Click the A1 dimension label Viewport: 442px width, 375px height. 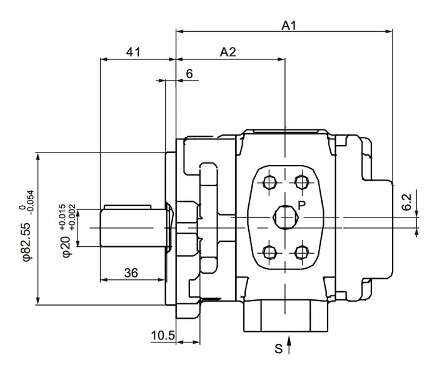tap(288, 26)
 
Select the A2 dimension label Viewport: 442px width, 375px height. tap(228, 52)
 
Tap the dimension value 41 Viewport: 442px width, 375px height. tap(133, 52)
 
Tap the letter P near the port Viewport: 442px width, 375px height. tap(301, 204)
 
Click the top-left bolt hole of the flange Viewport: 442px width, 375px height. tap(270, 182)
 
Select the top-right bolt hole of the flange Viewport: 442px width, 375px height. tap(302, 182)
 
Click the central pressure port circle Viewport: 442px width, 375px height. tap(286, 217)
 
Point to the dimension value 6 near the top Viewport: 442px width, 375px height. tap(189, 74)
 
